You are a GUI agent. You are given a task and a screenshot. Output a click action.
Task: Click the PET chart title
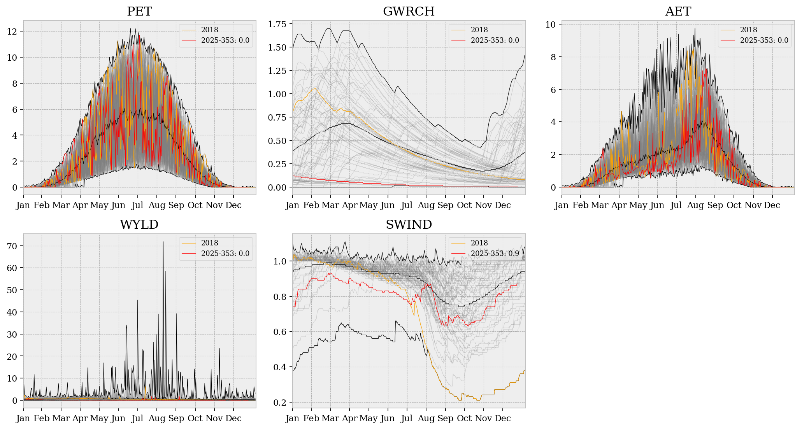pos(139,11)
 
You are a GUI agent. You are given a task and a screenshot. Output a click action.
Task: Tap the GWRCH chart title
pos(409,11)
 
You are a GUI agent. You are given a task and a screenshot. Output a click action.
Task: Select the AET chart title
pos(678,11)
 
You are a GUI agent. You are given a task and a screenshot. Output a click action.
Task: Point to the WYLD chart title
pos(139,224)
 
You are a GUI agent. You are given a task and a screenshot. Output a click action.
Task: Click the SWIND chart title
pos(409,224)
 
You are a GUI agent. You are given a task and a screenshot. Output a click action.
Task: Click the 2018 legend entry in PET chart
pos(209,30)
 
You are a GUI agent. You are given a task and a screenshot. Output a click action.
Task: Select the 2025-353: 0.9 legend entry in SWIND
pos(495,253)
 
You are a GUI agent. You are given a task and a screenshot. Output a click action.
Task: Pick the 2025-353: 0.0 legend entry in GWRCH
pos(495,40)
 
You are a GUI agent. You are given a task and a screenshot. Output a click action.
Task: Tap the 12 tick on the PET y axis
pos(12,32)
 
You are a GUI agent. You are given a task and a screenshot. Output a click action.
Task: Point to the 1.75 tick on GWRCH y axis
pos(277,24)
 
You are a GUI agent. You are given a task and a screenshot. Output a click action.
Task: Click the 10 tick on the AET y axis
pos(550,25)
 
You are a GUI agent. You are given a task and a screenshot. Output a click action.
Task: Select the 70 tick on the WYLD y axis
pos(12,246)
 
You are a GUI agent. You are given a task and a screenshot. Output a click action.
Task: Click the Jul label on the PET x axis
pos(137,205)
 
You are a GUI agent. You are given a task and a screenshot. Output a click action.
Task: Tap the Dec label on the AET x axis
pos(772,205)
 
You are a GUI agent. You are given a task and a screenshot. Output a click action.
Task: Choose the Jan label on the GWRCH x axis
pos(293,205)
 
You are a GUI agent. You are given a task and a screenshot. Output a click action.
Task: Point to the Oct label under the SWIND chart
pos(464,418)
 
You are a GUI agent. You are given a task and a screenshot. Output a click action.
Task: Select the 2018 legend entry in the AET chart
pos(748,30)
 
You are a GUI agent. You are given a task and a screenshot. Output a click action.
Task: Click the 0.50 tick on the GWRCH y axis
pos(277,141)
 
